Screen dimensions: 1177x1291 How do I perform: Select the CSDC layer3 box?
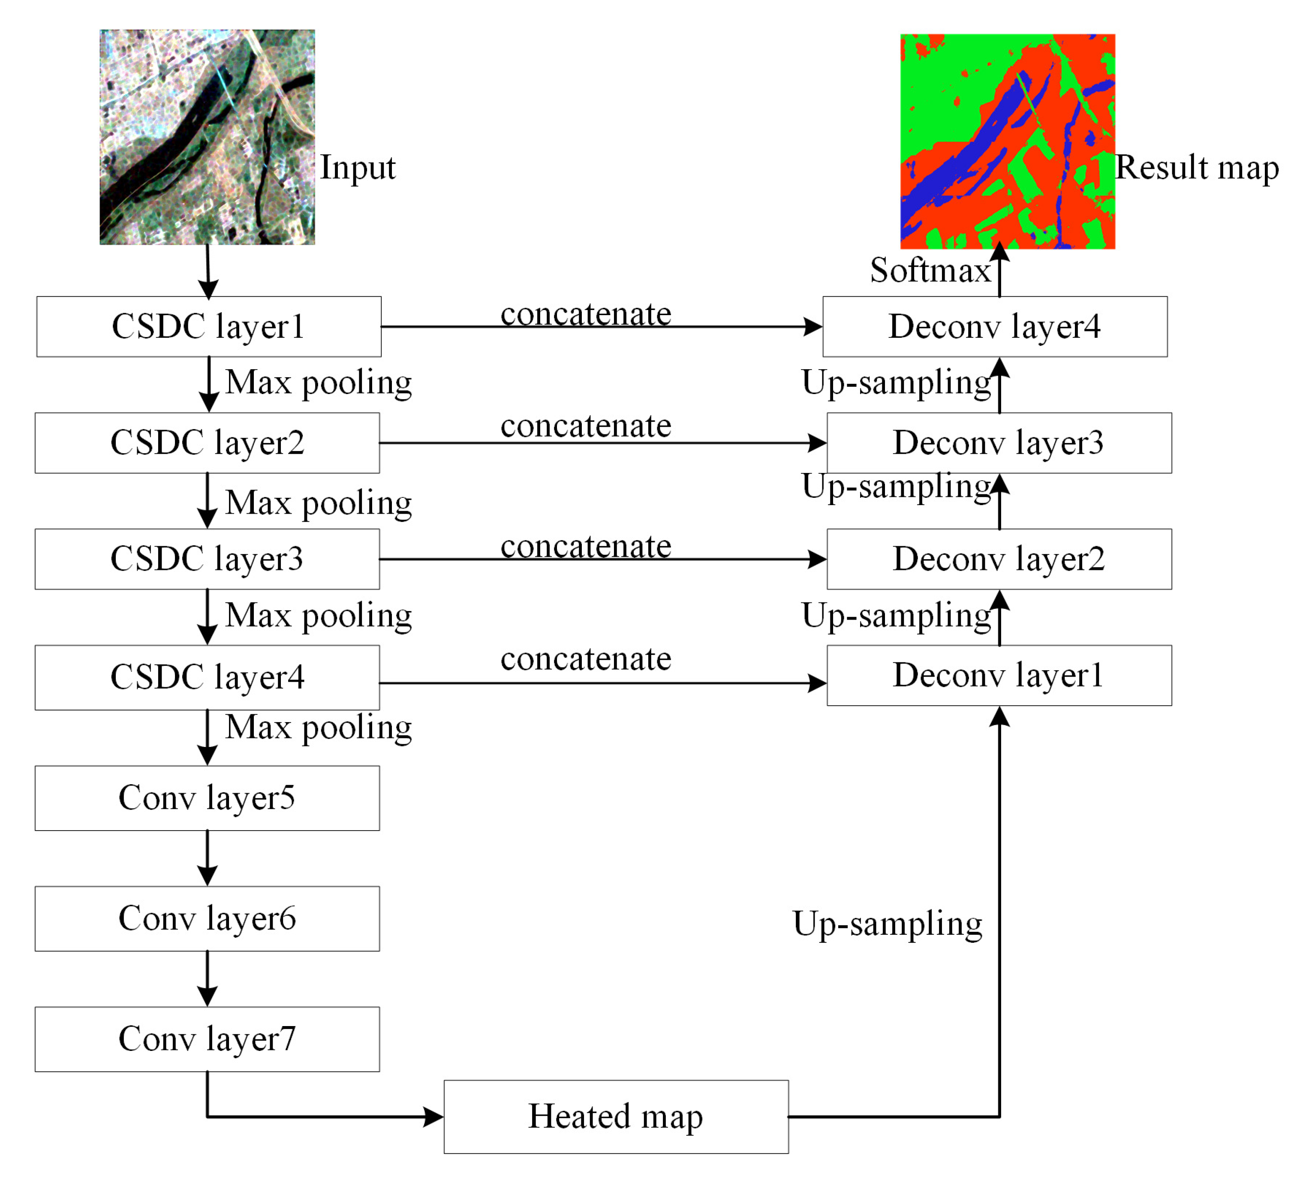click(x=207, y=559)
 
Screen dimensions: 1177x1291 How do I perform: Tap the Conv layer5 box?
click(x=207, y=798)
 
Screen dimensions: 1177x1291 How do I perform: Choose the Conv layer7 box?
click(x=207, y=1039)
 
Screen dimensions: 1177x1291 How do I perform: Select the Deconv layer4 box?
click(x=994, y=327)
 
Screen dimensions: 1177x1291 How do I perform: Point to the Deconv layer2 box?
click(x=999, y=559)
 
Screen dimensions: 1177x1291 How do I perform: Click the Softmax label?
click(x=930, y=270)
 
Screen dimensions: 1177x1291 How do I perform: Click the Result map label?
click(x=1196, y=168)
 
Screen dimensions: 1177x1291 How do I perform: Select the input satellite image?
click(x=207, y=137)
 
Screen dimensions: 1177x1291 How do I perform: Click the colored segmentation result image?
click(x=1007, y=141)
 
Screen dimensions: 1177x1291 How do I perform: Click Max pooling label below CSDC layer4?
click(x=318, y=728)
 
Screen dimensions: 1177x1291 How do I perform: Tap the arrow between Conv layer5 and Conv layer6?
click(x=207, y=858)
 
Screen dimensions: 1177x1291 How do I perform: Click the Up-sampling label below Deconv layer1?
click(x=887, y=924)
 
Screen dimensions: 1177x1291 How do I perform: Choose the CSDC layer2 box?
click(x=207, y=443)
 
